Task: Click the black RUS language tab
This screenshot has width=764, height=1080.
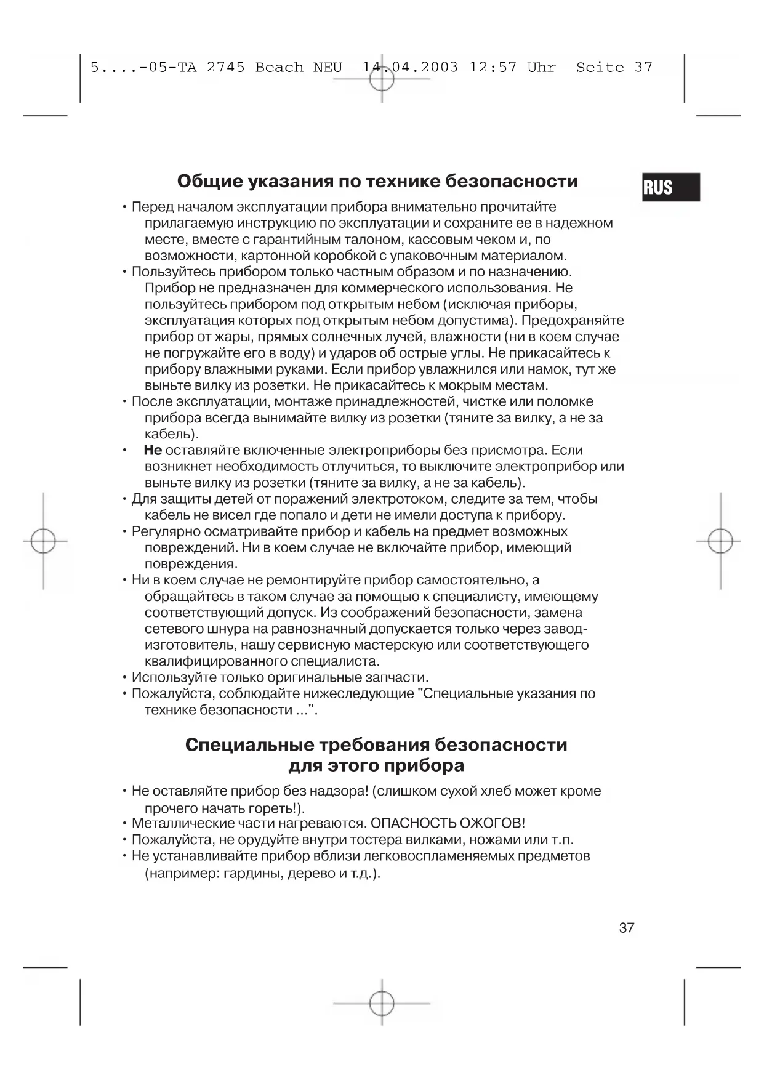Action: [x=670, y=187]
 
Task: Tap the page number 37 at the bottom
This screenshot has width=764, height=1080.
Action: [x=626, y=928]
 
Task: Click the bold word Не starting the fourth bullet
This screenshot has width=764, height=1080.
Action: [x=153, y=450]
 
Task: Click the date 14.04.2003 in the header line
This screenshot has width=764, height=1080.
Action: [x=410, y=67]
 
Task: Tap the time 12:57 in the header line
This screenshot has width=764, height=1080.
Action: [x=493, y=67]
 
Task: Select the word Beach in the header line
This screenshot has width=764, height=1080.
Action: [x=279, y=67]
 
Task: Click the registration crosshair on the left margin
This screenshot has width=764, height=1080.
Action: [x=43, y=541]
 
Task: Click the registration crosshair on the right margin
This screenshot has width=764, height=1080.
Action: [x=720, y=541]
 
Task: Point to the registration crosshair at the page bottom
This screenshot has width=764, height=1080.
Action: [x=382, y=1003]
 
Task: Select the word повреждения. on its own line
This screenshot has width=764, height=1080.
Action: [x=191, y=564]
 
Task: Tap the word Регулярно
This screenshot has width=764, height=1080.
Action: [x=165, y=531]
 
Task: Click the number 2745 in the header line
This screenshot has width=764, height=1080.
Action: [x=225, y=67]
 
